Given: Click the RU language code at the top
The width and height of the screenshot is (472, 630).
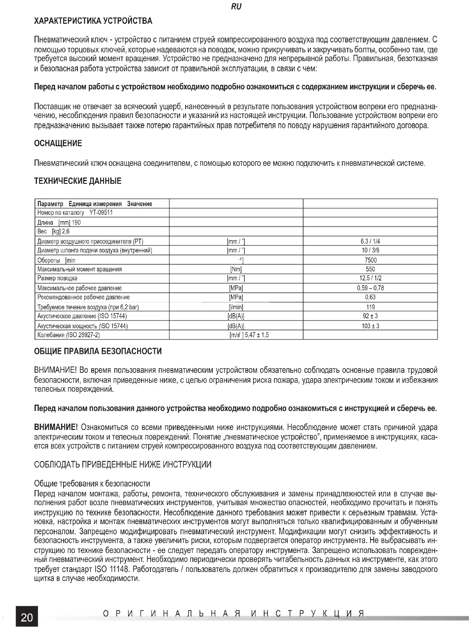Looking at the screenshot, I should (x=236, y=7).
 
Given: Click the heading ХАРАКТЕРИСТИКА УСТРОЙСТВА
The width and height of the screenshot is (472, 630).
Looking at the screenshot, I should (x=93, y=21).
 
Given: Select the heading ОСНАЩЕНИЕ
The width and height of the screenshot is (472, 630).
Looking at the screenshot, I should (x=58, y=143).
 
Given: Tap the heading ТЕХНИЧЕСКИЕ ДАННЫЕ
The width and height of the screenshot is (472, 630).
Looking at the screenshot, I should (x=78, y=181).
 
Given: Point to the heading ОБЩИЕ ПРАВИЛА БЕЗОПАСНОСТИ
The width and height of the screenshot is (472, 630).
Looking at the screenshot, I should (x=98, y=351).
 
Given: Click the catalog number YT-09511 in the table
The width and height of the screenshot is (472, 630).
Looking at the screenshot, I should (x=101, y=213).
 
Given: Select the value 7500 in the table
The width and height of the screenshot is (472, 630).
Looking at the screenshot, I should (x=370, y=260).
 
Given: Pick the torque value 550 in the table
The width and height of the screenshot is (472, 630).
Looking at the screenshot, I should (x=370, y=269).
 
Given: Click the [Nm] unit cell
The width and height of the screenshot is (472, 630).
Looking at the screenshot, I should (x=236, y=269).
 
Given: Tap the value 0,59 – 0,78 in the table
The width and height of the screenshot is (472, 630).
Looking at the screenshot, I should (x=370, y=288).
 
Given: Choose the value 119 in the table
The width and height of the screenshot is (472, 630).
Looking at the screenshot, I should (x=370, y=307).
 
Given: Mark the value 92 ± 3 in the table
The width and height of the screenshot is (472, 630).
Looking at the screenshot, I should (x=370, y=316).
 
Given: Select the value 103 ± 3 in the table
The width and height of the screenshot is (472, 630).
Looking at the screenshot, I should (x=370, y=326).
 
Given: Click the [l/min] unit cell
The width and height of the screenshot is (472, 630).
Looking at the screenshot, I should (x=236, y=307).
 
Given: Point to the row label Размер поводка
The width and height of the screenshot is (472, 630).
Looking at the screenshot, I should (x=57, y=278).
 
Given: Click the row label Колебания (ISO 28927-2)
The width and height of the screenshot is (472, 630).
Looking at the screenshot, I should (x=69, y=335).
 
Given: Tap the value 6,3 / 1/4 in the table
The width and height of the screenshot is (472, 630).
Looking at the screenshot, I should (x=370, y=241).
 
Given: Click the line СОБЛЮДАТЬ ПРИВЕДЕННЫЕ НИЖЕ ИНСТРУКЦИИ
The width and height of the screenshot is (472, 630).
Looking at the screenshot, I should (x=123, y=464).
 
